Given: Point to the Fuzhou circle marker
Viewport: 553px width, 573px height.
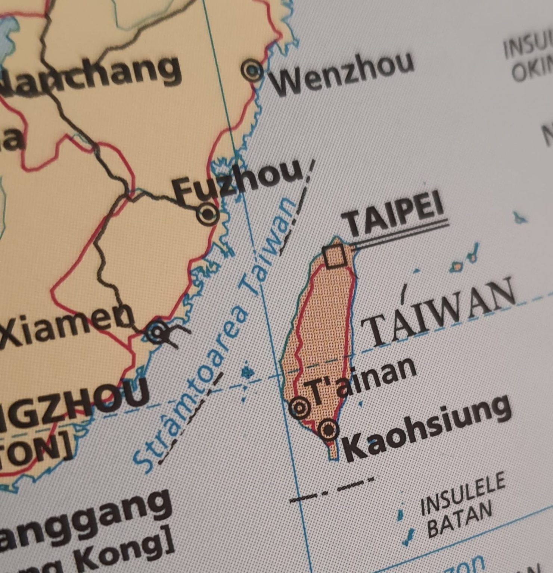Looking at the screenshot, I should click(x=207, y=214).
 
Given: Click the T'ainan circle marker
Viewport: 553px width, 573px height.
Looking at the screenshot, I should click(x=300, y=407).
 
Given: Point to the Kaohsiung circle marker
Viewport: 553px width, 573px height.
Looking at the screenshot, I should click(x=329, y=430).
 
